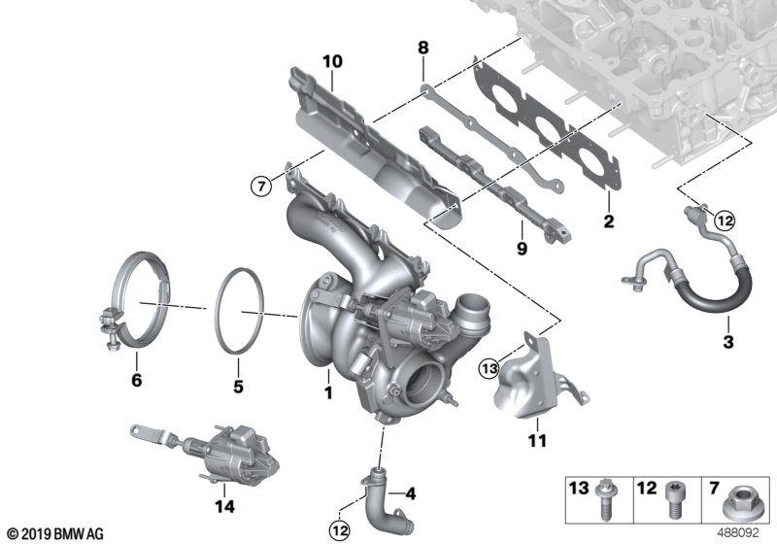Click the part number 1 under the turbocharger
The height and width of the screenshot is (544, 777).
[328, 393]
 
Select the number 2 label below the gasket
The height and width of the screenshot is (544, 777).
[609, 222]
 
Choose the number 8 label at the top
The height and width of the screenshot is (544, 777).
[422, 46]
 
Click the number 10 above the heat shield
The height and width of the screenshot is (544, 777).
[332, 61]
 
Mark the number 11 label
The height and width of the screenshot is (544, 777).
[535, 441]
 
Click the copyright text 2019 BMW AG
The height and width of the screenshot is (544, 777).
[54, 533]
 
